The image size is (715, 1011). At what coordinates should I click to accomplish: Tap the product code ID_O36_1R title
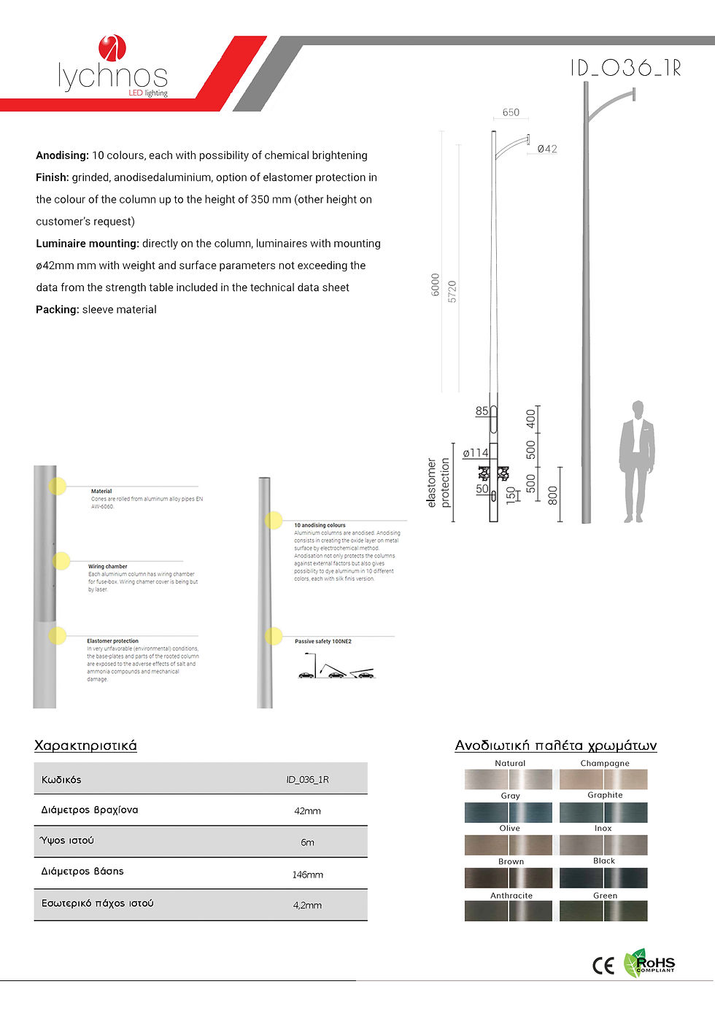625,68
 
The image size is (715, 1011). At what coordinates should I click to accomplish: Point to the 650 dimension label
511,112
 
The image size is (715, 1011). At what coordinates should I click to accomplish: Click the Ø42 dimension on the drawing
547,149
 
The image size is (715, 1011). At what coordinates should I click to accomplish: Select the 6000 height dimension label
436,284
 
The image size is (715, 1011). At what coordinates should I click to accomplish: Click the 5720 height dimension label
452,291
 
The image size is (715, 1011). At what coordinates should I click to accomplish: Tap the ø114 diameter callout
475,453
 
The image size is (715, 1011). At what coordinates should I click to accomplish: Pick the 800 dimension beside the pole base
553,495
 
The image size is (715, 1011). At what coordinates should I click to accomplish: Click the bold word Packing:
57,309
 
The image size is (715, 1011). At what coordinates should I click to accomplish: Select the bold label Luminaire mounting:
87,244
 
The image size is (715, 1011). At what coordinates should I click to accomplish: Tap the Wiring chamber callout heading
107,566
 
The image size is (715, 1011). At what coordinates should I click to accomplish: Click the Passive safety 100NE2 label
323,641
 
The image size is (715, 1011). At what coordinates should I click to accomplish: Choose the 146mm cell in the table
307,874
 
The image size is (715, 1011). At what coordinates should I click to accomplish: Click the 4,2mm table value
307,905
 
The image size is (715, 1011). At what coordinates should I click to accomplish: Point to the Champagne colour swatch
603,779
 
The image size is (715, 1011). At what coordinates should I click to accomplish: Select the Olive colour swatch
509,845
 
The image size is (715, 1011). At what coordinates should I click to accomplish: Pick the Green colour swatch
603,911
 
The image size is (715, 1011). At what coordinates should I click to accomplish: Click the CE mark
603,965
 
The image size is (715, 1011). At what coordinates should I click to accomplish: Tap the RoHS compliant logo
649,964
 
